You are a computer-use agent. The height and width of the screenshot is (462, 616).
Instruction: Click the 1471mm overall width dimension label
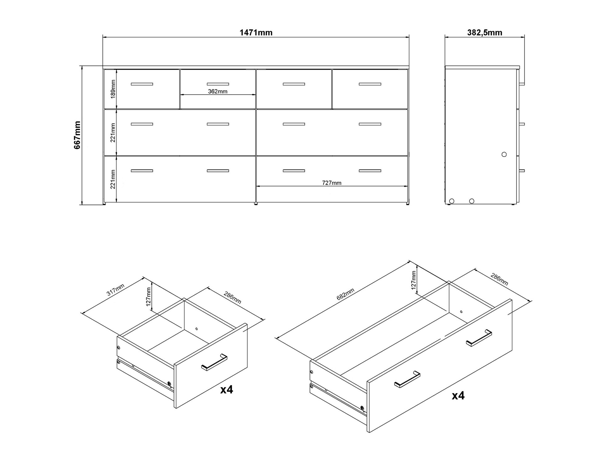tap(256, 33)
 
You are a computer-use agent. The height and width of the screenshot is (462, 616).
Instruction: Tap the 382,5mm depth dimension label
tap(484, 33)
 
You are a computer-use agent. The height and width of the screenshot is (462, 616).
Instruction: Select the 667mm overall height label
tap(77, 135)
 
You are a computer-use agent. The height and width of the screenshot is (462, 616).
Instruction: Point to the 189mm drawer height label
tap(113, 89)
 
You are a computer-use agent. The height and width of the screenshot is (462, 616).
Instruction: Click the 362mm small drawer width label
tap(217, 92)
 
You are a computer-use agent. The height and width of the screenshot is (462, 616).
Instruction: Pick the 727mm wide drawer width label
tap(332, 183)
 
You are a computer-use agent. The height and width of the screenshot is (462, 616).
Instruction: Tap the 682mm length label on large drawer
tap(346, 294)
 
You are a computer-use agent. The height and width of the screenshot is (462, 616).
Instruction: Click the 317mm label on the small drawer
tap(115, 290)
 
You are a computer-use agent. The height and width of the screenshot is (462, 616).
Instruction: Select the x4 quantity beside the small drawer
tap(227, 390)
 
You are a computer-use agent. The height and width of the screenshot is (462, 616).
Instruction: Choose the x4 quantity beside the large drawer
tap(458, 395)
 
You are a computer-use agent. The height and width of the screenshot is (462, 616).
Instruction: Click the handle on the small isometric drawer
tap(214, 362)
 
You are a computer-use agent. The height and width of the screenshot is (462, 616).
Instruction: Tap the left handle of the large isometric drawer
tap(407, 379)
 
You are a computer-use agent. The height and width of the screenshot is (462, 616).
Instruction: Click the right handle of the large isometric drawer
tap(479, 338)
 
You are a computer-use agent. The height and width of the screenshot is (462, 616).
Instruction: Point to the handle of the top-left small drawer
tap(142, 84)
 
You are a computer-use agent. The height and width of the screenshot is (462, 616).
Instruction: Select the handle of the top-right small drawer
tap(370, 84)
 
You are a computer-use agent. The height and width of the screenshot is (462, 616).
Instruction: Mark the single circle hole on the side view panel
tap(504, 154)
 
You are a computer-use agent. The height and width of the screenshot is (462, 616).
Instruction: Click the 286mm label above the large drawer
tap(499, 279)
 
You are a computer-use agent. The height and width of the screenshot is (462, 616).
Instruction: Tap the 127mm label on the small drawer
tap(149, 296)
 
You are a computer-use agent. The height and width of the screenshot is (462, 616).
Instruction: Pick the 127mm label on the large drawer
tap(414, 280)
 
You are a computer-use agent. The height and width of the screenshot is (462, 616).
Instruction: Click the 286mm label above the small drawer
tap(233, 297)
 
